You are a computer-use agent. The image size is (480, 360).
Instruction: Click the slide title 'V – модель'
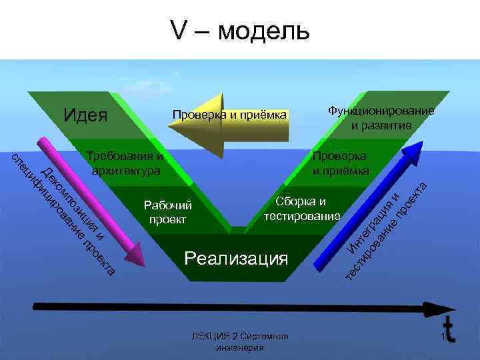coord(240,30)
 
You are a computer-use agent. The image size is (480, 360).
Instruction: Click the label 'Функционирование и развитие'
coord(381,117)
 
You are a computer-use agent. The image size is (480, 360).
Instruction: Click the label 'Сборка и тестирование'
coord(302,209)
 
